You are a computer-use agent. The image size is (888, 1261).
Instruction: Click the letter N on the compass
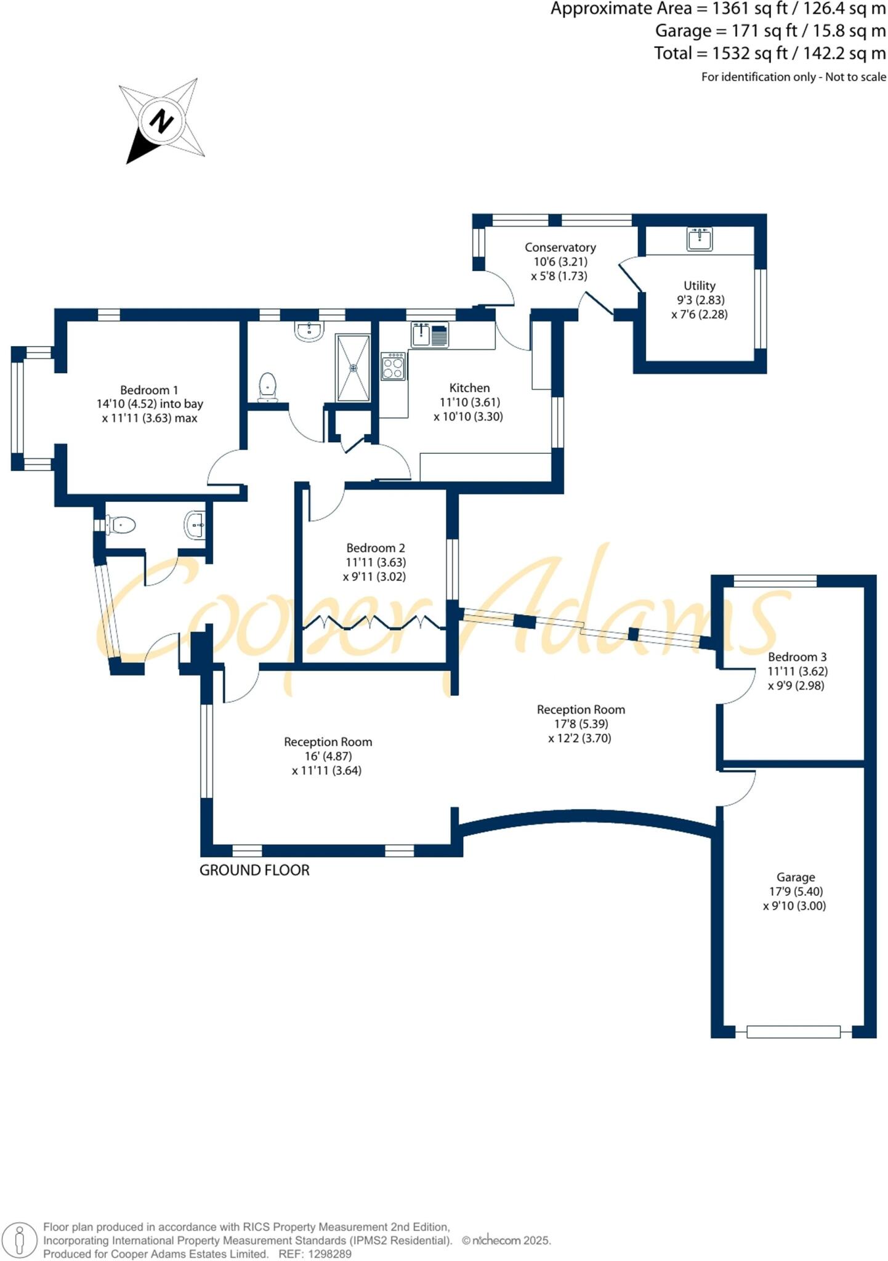pyautogui.click(x=162, y=120)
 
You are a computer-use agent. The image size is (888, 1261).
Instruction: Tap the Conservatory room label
pyautogui.click(x=560, y=247)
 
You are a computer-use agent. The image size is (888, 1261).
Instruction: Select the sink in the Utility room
pyautogui.click(x=699, y=239)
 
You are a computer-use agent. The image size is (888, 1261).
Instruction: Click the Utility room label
pyautogui.click(x=699, y=286)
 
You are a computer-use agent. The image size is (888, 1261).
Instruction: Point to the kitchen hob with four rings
pyautogui.click(x=393, y=366)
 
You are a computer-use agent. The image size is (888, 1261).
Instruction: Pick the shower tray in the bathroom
pyautogui.click(x=353, y=368)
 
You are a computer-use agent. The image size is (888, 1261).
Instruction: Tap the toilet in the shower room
pyautogui.click(x=267, y=387)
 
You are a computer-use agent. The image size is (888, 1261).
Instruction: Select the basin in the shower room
pyautogui.click(x=309, y=331)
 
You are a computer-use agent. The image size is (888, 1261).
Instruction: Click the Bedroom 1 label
pyautogui.click(x=149, y=390)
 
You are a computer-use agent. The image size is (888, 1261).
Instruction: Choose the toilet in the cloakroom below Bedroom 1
pyautogui.click(x=121, y=525)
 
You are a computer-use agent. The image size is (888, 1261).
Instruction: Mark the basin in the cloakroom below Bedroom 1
pyautogui.click(x=195, y=525)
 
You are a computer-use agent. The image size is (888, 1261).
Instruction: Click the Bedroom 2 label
pyautogui.click(x=375, y=547)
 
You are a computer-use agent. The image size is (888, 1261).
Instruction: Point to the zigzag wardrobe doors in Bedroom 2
pyautogui.click(x=373, y=623)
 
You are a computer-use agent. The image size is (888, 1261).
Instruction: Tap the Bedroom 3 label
pyautogui.click(x=797, y=656)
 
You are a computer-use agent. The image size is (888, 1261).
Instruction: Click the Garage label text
pyautogui.click(x=796, y=877)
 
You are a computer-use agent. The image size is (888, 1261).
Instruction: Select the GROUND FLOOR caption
pyautogui.click(x=254, y=870)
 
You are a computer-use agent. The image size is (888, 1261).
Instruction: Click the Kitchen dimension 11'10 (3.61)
pyautogui.click(x=469, y=402)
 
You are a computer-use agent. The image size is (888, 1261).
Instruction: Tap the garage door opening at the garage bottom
pyautogui.click(x=793, y=1032)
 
